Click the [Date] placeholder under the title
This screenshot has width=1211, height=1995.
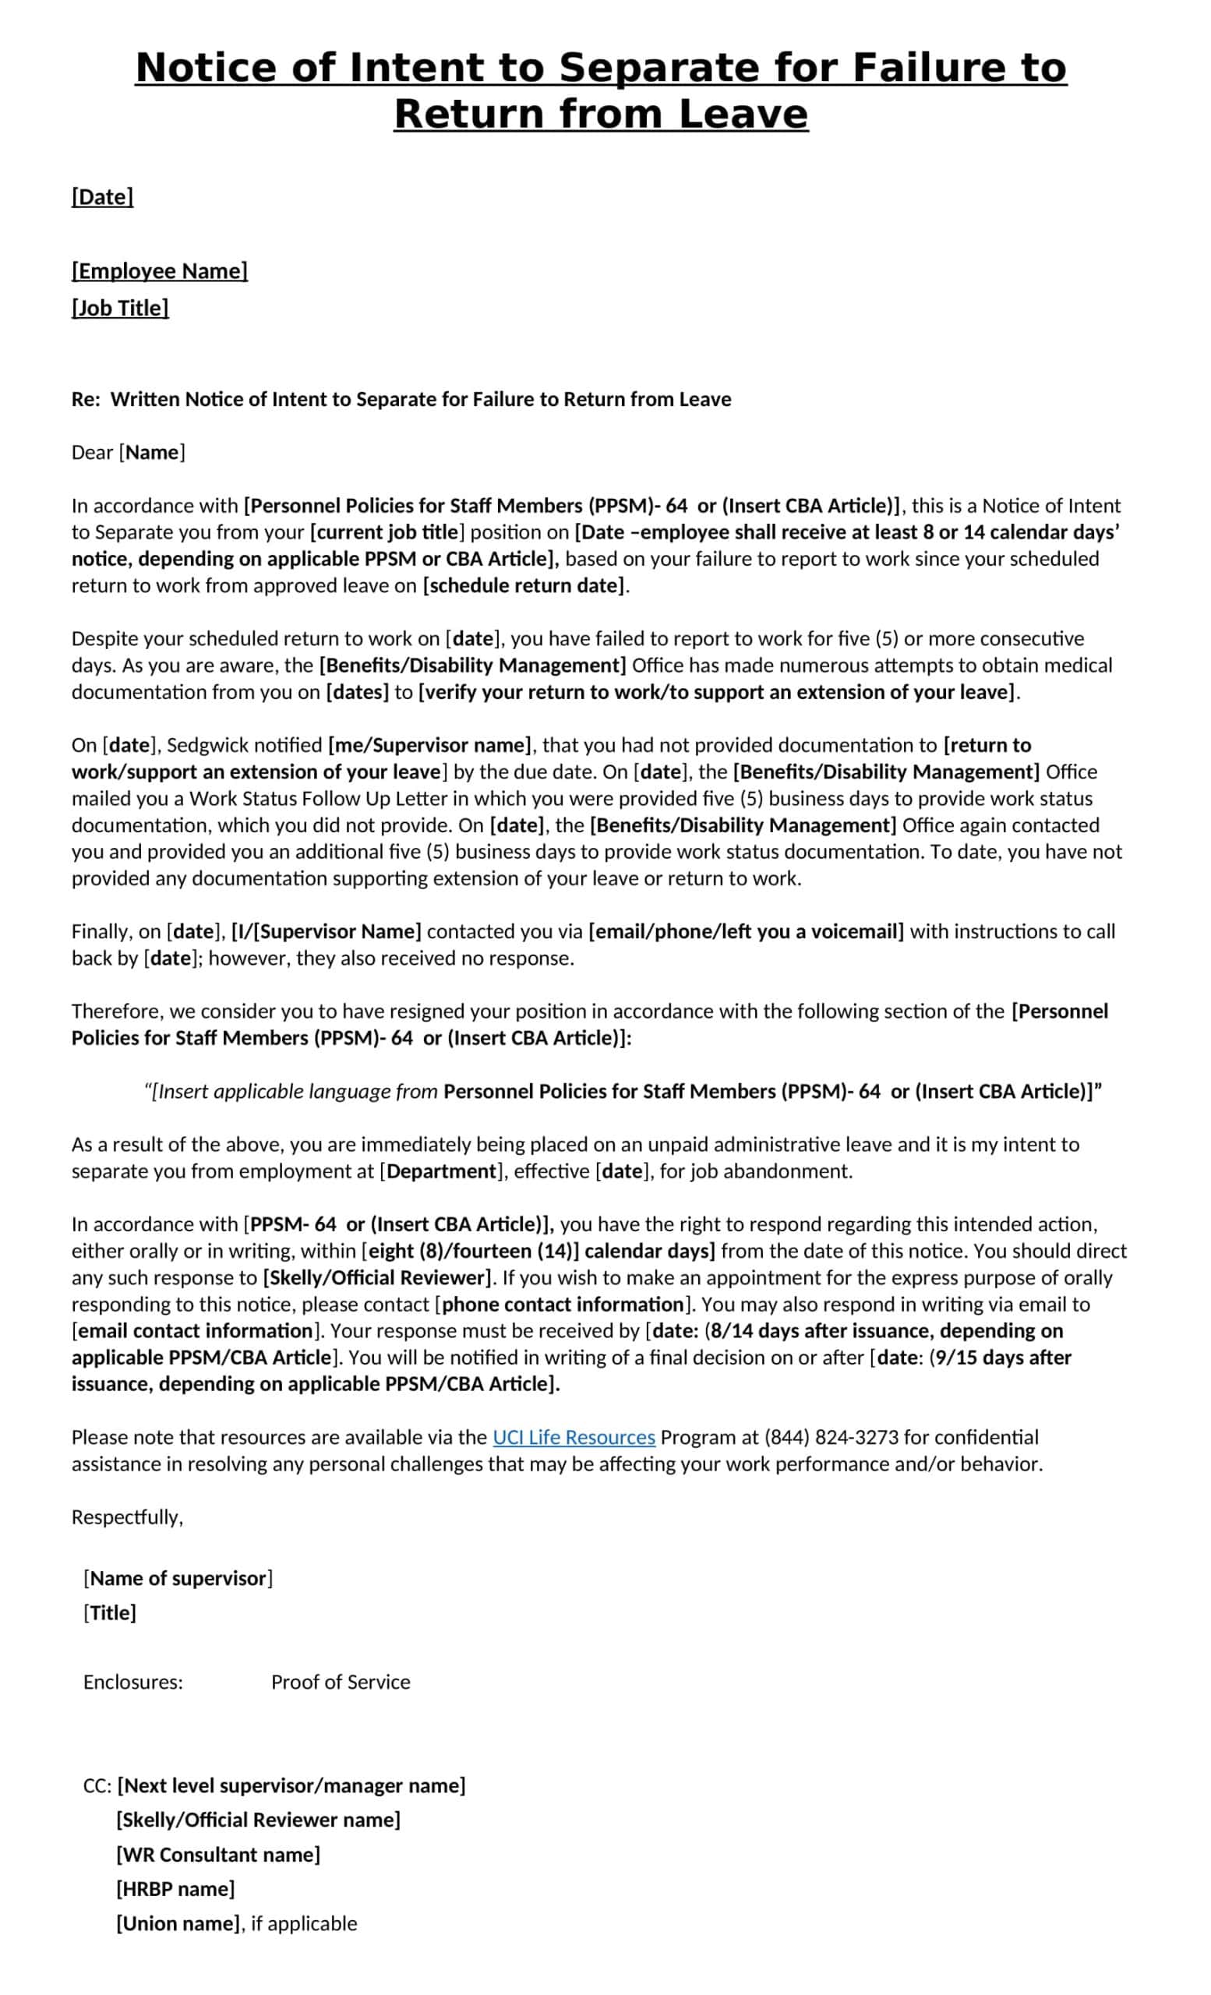click(102, 196)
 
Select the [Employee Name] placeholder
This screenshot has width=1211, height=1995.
click(160, 270)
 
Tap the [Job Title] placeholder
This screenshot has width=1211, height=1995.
click(120, 308)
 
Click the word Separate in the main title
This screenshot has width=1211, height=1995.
click(659, 67)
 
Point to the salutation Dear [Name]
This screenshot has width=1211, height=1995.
click(128, 453)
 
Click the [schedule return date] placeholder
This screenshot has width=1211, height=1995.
click(524, 585)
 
